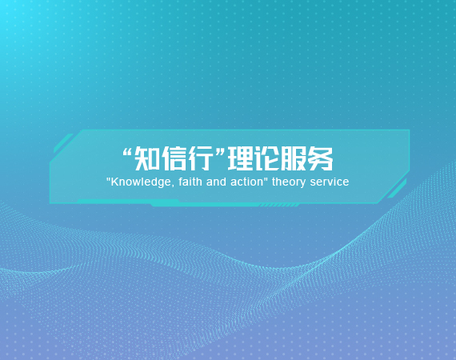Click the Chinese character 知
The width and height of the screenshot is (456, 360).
pos(147,158)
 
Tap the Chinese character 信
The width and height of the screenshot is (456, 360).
pos(174,158)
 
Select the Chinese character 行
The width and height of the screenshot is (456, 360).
pos(200,158)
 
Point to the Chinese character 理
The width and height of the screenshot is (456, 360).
pos(241,158)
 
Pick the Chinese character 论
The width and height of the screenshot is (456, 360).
pos(267,158)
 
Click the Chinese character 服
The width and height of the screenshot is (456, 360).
pos(294,158)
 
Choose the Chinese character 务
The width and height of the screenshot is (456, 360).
pos(321,158)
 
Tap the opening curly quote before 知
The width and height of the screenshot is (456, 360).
pos(128,152)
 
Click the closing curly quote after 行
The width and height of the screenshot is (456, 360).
pos(219,152)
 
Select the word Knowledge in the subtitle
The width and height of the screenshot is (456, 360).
pos(141,182)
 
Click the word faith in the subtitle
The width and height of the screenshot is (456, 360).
pos(190,182)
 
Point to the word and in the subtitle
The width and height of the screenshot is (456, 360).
pos(216,182)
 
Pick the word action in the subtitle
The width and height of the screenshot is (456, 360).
pos(246,182)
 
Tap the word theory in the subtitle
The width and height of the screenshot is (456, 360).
pos(289,182)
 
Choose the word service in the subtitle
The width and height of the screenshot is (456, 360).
pos(330,182)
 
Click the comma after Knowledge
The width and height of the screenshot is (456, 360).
pos(173,186)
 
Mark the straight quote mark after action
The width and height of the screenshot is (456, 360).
pos(266,178)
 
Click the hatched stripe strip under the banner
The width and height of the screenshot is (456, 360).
pos(279,206)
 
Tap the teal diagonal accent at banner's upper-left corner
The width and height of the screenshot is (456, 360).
pos(63,142)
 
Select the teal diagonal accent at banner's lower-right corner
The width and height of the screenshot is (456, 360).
pos(398,189)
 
